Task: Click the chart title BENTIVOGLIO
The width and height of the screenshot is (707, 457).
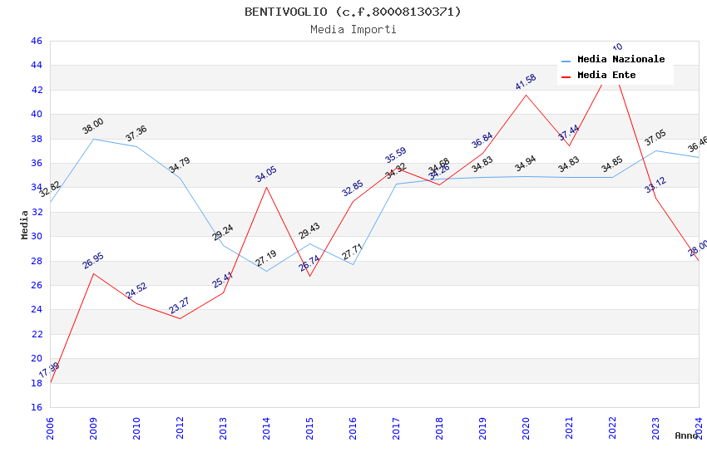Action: (353, 12)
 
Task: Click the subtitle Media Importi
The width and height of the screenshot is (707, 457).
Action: (353, 29)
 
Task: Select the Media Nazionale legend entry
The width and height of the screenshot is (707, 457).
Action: (620, 60)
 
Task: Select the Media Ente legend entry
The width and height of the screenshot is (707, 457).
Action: (606, 76)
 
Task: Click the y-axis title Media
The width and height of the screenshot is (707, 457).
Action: (25, 224)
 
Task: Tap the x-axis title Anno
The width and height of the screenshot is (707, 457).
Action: (686, 435)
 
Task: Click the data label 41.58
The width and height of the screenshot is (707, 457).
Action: (526, 81)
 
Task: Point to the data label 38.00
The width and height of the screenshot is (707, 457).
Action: (93, 126)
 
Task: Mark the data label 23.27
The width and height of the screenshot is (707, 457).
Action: (180, 306)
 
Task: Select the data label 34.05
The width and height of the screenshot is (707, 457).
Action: (266, 174)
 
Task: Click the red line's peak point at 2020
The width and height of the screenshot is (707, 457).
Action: (526, 95)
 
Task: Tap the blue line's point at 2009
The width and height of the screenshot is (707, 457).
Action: (93, 139)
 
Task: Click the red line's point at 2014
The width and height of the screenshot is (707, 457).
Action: (266, 187)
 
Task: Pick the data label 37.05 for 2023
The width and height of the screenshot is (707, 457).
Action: (655, 138)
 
